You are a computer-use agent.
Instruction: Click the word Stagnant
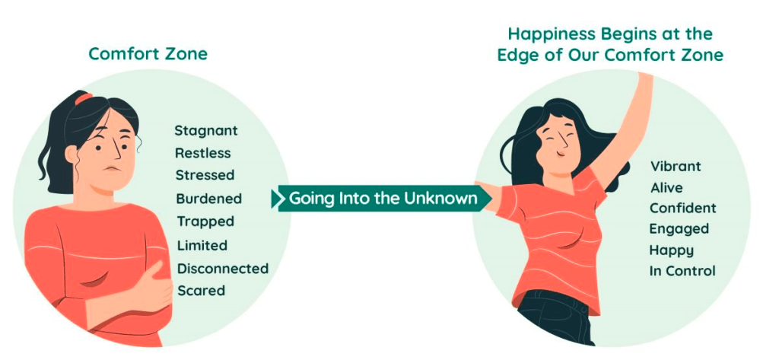coord(206,131)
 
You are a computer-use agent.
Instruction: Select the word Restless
coord(202,153)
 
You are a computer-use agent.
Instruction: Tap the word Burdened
coord(208,199)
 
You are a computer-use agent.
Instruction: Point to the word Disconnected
coord(223,269)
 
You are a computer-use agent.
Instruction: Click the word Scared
coord(201,291)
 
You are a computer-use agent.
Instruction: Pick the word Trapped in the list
coord(205,221)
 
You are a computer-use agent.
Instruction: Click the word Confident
coord(683,208)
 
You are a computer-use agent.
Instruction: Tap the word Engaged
coord(679,230)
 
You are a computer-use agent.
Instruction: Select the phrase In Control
coord(682,271)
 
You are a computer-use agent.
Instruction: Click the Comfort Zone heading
coord(148,54)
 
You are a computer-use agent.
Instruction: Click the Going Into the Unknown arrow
coord(382,199)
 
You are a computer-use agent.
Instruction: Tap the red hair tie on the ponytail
coord(84,98)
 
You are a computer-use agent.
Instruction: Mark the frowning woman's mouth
coord(114,168)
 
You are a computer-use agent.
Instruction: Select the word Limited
coord(202,246)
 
